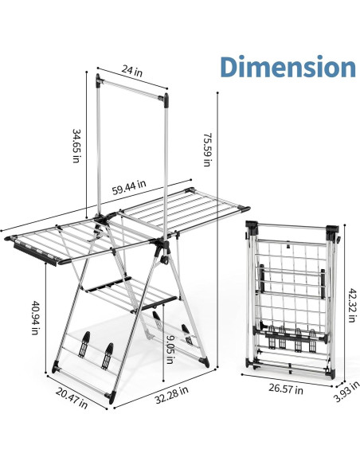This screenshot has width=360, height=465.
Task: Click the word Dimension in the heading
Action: point(288,66)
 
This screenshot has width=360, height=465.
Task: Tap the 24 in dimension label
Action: point(132,71)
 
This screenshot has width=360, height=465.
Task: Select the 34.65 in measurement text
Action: point(76,146)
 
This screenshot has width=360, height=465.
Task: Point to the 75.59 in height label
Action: point(207,150)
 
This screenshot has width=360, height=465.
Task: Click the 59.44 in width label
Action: point(129,187)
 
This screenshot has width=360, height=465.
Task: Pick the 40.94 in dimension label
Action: point(35,318)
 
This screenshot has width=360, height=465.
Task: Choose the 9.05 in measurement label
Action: point(170,349)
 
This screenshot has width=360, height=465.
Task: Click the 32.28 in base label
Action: point(172,394)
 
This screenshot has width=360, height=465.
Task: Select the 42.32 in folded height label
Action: point(352,305)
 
